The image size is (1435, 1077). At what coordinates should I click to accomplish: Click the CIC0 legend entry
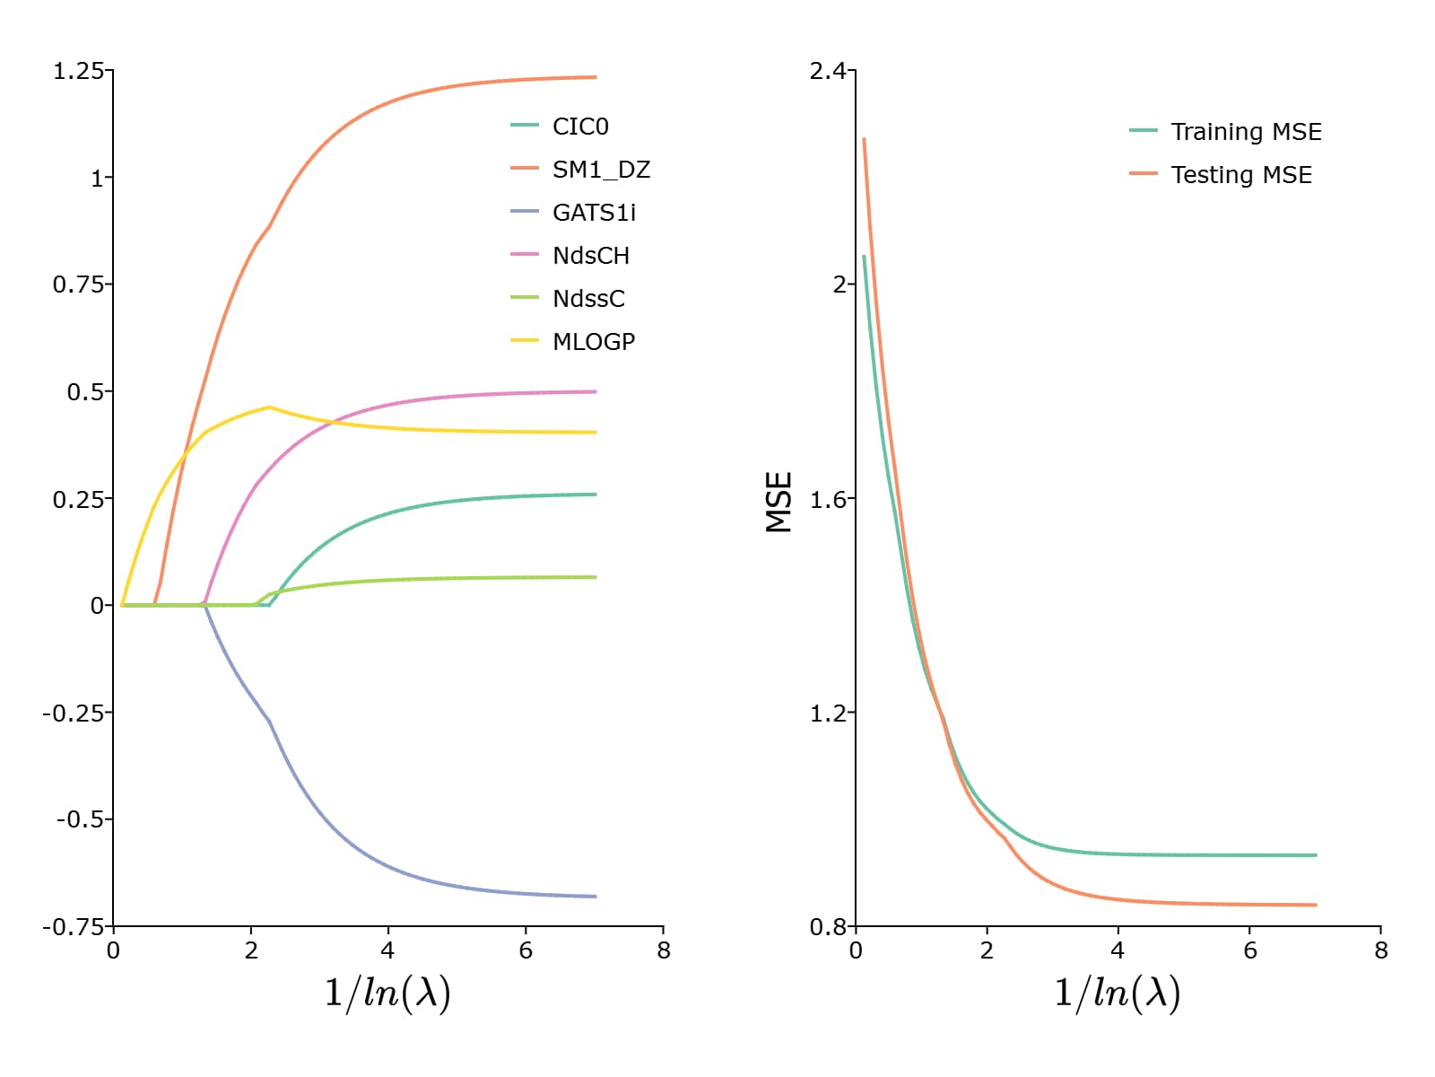[579, 127]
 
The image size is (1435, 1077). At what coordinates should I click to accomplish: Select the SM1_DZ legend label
[600, 170]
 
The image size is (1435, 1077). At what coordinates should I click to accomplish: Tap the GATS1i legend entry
[594, 213]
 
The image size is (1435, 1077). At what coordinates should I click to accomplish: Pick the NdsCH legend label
[590, 256]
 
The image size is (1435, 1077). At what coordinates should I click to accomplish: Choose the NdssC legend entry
[587, 299]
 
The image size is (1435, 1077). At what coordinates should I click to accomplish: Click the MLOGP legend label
[593, 342]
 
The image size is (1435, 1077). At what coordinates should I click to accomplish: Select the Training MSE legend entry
[1245, 132]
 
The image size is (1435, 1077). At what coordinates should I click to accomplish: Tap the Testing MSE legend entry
[1240, 175]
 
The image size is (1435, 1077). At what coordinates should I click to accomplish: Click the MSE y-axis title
[779, 503]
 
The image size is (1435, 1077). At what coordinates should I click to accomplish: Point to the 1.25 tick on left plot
[78, 71]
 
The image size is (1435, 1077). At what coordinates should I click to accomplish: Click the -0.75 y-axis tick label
[74, 927]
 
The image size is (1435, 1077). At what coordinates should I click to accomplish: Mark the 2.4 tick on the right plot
[828, 71]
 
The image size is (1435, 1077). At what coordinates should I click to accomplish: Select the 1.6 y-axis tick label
[828, 500]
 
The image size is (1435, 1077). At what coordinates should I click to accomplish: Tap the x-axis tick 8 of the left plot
[664, 950]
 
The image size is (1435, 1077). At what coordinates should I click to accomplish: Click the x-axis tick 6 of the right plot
[1250, 950]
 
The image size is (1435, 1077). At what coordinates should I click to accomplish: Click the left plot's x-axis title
[387, 994]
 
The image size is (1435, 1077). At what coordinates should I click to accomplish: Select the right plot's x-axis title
[1118, 994]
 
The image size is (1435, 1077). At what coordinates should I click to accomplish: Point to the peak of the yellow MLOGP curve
[269, 407]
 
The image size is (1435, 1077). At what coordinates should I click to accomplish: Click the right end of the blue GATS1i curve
[596, 896]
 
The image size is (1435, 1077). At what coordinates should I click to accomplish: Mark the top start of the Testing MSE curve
[864, 139]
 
